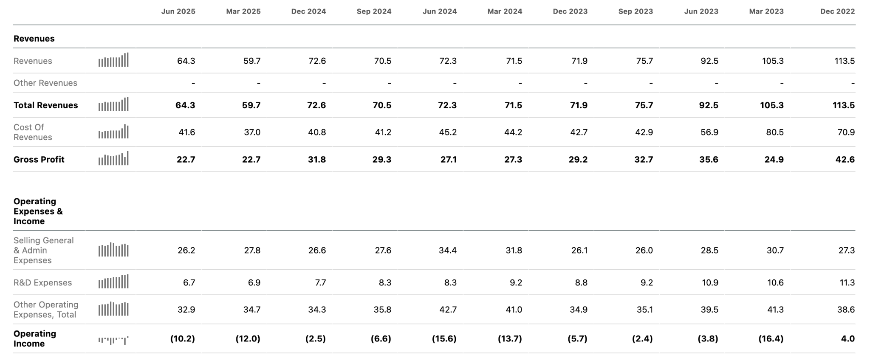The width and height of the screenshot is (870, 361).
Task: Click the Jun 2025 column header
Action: pos(178,11)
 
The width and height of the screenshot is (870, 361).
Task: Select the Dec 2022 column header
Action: pos(837,11)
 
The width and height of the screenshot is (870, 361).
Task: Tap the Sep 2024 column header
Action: pos(374,11)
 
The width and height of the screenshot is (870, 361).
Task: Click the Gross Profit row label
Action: pos(39,159)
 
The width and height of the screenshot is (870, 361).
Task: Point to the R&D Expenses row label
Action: pos(42,282)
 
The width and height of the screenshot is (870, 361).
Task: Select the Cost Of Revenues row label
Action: pos(33,132)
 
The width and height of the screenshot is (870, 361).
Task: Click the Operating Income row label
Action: pos(35,338)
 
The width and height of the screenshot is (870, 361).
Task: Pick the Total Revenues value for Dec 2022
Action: pos(844,105)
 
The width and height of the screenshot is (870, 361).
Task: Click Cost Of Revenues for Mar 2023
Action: pos(775,132)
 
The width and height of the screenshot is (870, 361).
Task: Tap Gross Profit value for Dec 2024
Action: pos(316,159)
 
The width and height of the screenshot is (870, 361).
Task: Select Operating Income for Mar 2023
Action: pos(771,338)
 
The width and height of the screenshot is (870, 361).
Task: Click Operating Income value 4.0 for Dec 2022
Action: pos(848,338)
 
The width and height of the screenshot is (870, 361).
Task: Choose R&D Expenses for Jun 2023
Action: pos(710,282)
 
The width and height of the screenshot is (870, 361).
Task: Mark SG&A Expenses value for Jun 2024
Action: pos(448,250)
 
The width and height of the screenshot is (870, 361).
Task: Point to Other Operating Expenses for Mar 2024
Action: pos(514,310)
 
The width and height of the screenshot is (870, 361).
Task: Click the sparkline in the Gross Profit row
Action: pos(113,158)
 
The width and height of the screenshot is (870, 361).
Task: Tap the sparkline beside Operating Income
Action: pos(113,340)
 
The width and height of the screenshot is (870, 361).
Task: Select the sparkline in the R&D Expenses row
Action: pos(113,282)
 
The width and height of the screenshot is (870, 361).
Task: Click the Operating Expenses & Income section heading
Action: pos(38,211)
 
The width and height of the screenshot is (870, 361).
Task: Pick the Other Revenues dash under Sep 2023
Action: pos(651,83)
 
